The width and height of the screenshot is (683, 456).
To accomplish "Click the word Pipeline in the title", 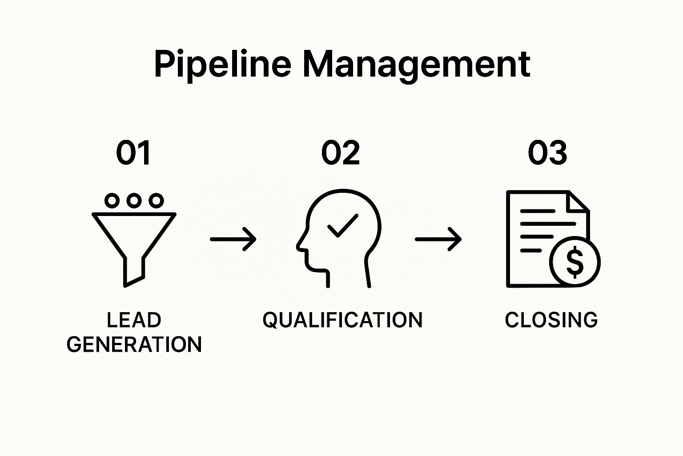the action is [223, 66].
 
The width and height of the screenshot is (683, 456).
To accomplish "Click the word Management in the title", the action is [417, 66].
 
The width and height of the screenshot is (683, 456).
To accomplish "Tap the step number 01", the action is [133, 153].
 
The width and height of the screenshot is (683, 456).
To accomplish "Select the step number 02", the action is [341, 153].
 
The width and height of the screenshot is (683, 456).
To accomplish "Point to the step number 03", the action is [547, 153].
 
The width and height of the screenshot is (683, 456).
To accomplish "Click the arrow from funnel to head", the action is [233, 239].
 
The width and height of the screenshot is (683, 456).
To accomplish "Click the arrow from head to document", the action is [438, 239].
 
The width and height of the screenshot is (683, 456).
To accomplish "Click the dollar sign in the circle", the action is [575, 262].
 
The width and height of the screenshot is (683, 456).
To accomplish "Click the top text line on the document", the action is [538, 211].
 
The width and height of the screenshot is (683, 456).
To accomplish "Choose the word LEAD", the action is [134, 320].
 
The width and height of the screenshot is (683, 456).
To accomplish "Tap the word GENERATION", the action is [134, 344].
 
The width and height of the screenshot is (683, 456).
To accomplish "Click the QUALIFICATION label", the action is [342, 320].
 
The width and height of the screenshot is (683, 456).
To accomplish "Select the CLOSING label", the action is [551, 320].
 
